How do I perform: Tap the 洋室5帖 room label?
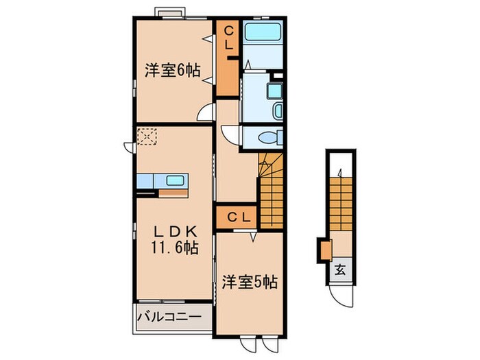tap(249, 282)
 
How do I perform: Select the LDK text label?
tap(171, 232)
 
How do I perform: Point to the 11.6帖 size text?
tap(171, 248)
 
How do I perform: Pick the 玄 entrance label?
tap(339, 269)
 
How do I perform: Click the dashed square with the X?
tap(146, 136)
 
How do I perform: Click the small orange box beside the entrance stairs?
tap(324, 249)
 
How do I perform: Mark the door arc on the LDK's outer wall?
tap(130, 146)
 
